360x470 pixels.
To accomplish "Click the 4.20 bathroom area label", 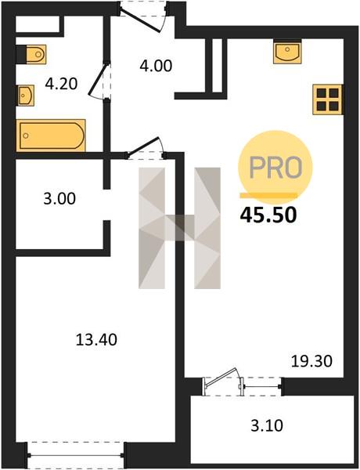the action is coord(61,84).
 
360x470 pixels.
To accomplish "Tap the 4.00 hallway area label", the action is coord(156,66).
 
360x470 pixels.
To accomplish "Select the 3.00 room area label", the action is coord(59,199).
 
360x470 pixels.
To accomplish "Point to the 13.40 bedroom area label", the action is coord(96,340).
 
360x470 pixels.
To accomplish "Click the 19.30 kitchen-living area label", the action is coord(311,361).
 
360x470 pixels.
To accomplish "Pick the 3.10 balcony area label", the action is coord(267,425).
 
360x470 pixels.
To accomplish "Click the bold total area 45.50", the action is coord(268,215).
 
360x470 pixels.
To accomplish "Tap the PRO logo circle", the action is coord(275,167).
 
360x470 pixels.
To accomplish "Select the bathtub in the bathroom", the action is coord(51,136).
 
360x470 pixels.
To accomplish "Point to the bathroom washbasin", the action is coord(26,96).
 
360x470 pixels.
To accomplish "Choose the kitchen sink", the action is coord(287,52).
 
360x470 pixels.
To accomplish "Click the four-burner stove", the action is coord(328,99).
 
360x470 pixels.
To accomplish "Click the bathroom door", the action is coord(100,81).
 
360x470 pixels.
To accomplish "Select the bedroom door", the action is coord(146,148).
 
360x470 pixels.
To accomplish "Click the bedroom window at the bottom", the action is coord(76,455).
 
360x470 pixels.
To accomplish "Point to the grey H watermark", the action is coord(179,228).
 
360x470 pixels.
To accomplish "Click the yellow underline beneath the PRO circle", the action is coord(268,195).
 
